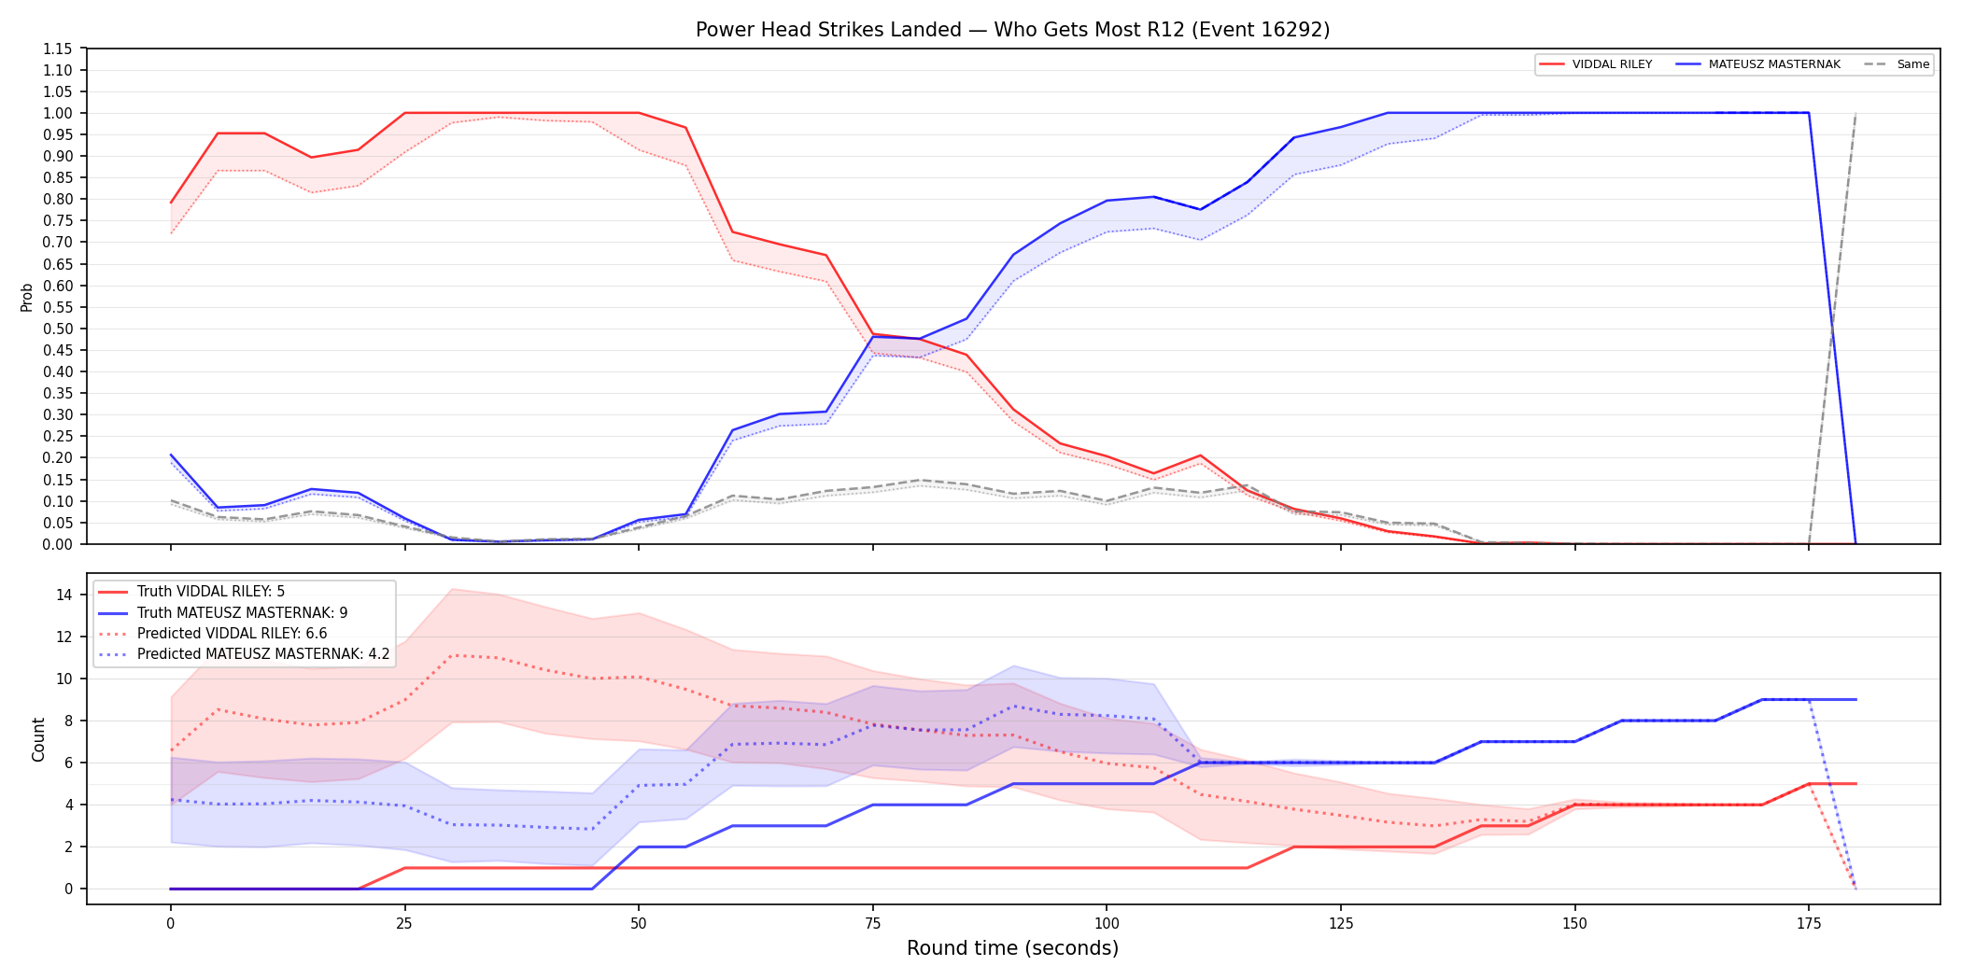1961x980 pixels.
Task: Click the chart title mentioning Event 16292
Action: click(x=1012, y=30)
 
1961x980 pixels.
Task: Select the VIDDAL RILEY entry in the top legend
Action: click(x=1596, y=64)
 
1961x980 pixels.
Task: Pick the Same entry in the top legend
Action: click(x=1897, y=64)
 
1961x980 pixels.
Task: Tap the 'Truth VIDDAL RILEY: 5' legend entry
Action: click(x=191, y=592)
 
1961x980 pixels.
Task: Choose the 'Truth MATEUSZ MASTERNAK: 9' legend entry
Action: click(x=223, y=612)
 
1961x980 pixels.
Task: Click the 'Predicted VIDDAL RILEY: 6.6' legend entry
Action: click(x=213, y=633)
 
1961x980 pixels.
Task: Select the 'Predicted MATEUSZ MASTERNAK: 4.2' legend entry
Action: click(x=244, y=654)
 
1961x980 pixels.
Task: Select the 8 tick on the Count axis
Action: click(x=69, y=721)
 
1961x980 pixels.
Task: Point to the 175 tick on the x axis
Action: click(x=1809, y=924)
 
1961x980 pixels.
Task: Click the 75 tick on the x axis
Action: click(x=872, y=924)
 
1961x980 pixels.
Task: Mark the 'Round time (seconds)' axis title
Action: click(x=1012, y=948)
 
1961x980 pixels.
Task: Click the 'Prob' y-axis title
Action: click(x=27, y=297)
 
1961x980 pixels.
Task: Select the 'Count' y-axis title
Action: click(x=38, y=739)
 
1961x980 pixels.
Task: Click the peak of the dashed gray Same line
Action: click(x=1855, y=113)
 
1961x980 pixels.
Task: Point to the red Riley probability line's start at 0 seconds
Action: click(x=171, y=203)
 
